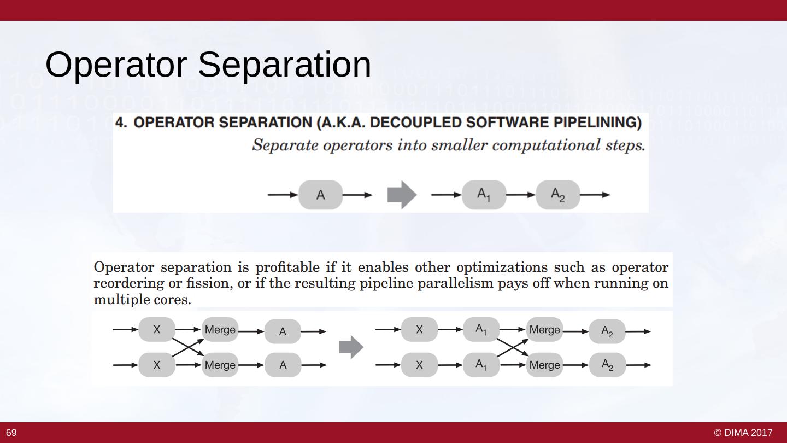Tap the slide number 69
click(11, 433)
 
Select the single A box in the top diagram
click(321, 195)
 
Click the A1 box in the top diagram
click(484, 195)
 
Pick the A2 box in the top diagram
click(557, 195)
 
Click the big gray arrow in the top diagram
click(402, 195)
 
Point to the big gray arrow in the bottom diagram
click(351, 347)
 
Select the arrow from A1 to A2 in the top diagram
click(521, 195)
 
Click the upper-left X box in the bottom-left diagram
click(157, 330)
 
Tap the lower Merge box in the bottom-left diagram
click(220, 365)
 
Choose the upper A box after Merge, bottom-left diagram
click(283, 331)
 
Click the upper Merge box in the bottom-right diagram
click(544, 330)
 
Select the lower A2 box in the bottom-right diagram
click(607, 365)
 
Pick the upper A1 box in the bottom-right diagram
click(481, 329)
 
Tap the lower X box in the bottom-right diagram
click(419, 365)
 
